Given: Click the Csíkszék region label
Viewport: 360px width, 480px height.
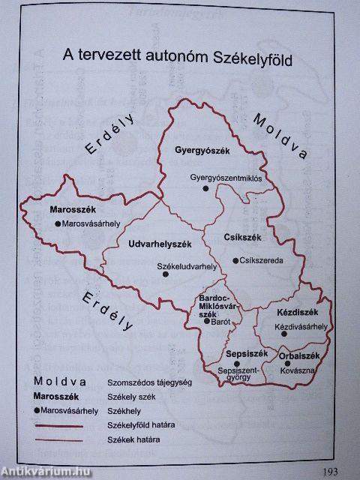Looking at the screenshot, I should click(x=242, y=238).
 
